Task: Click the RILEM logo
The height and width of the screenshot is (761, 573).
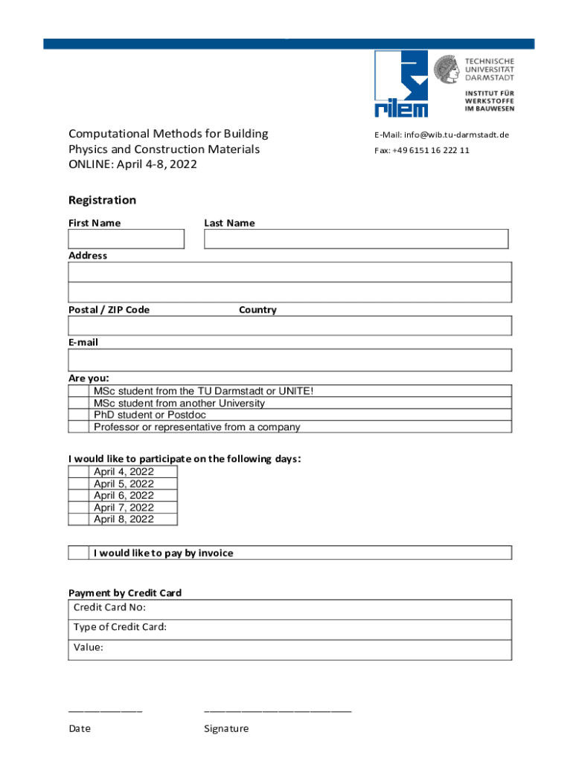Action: pos(401,83)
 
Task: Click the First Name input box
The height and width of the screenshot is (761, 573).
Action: pos(126,239)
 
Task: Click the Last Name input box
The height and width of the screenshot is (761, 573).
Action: pos(356,239)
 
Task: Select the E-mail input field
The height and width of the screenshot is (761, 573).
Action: pos(289,360)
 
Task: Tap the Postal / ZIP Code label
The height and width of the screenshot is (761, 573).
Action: pos(109,310)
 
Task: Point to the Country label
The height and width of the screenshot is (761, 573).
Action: pos(257,310)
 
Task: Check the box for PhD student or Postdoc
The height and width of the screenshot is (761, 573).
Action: pos(78,415)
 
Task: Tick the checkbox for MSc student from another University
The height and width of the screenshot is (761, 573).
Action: pos(78,404)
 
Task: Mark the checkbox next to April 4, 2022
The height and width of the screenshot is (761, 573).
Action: pos(78,472)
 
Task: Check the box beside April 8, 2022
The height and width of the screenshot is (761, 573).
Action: pos(78,519)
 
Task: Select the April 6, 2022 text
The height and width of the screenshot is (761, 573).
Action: pos(124,496)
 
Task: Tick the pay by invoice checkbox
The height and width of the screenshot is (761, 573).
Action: pos(78,553)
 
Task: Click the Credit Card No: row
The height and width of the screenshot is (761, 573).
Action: pos(289,609)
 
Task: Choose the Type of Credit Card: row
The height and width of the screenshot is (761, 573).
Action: pos(289,628)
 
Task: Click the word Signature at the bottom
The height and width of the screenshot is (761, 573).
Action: pos(226,729)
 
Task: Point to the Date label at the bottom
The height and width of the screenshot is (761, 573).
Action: pos(80,729)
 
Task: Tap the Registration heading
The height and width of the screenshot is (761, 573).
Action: pos(102,200)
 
